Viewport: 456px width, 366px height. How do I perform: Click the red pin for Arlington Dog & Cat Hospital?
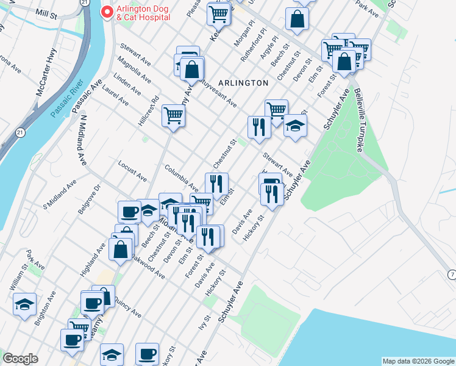pos(107,12)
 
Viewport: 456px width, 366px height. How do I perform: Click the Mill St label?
pos(46,12)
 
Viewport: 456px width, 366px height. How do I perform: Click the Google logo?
pos(21,359)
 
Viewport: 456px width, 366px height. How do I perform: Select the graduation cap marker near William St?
pos(24,305)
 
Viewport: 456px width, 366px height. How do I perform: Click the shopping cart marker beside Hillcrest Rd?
pos(174,114)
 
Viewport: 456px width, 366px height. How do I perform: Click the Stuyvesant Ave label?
pos(216,96)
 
